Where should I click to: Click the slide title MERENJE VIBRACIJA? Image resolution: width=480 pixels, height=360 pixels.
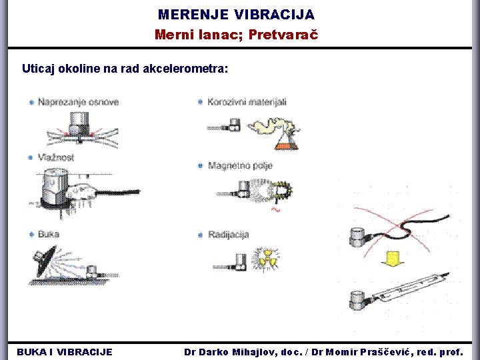pyautogui.click(x=236, y=14)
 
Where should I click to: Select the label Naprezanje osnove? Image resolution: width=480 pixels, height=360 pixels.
pyautogui.click(x=78, y=102)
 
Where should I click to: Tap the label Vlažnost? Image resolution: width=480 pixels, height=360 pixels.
pyautogui.click(x=56, y=157)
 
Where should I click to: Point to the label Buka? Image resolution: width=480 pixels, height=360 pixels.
pyautogui.click(x=49, y=234)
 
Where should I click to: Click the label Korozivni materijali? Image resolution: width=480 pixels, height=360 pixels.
pyautogui.click(x=247, y=102)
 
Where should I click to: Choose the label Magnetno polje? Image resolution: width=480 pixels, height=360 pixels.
pyautogui.click(x=240, y=165)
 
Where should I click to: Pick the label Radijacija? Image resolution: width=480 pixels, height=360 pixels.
pyautogui.click(x=228, y=234)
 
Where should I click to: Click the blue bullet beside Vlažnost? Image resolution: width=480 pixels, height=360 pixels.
pyautogui.click(x=31, y=157)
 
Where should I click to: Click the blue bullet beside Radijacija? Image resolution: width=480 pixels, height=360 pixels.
pyautogui.click(x=200, y=234)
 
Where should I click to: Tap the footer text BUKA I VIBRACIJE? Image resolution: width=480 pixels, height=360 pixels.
pyautogui.click(x=65, y=351)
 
